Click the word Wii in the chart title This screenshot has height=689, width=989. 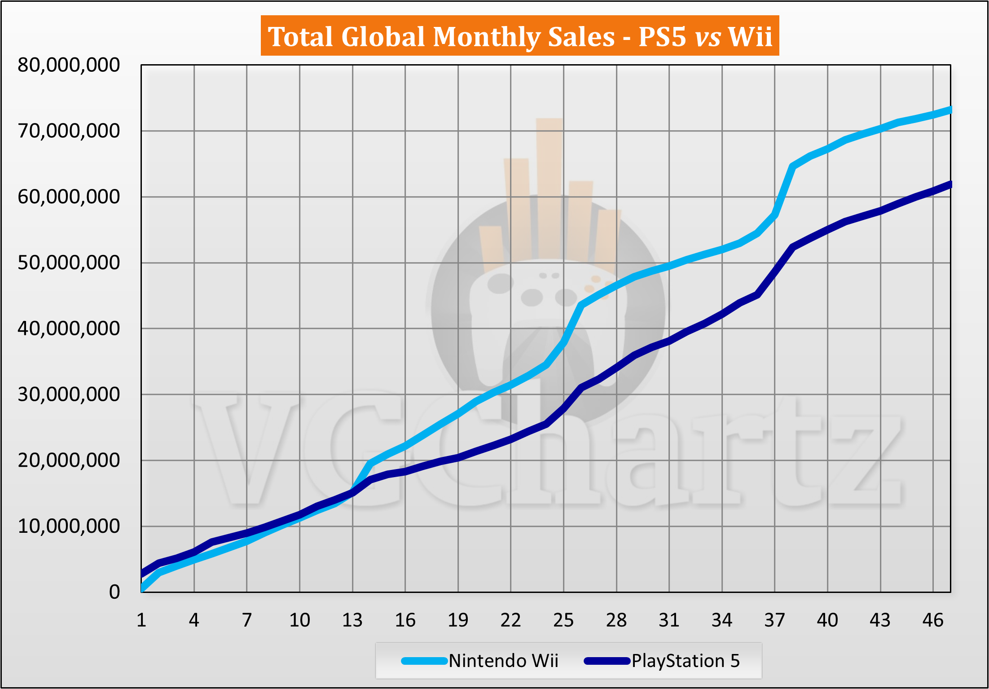(750, 37)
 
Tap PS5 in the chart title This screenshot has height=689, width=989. (662, 37)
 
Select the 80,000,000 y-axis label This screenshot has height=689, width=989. (69, 66)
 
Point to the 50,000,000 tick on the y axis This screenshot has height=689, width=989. (69, 263)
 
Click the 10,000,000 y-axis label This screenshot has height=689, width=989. (69, 526)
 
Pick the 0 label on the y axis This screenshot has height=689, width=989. (114, 592)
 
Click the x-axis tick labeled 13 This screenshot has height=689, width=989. (352, 620)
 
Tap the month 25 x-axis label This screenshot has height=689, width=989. (563, 620)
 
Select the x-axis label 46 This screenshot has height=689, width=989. (933, 620)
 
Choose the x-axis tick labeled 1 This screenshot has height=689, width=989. (141, 620)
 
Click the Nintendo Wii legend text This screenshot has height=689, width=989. (503, 661)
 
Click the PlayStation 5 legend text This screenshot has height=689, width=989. (686, 661)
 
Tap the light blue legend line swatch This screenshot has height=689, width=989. (424, 661)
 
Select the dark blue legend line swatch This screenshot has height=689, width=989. (607, 661)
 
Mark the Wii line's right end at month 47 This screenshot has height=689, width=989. (949, 110)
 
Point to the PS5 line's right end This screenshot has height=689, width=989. (949, 184)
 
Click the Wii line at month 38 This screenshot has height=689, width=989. (792, 167)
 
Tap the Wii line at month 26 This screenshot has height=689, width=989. (581, 305)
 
